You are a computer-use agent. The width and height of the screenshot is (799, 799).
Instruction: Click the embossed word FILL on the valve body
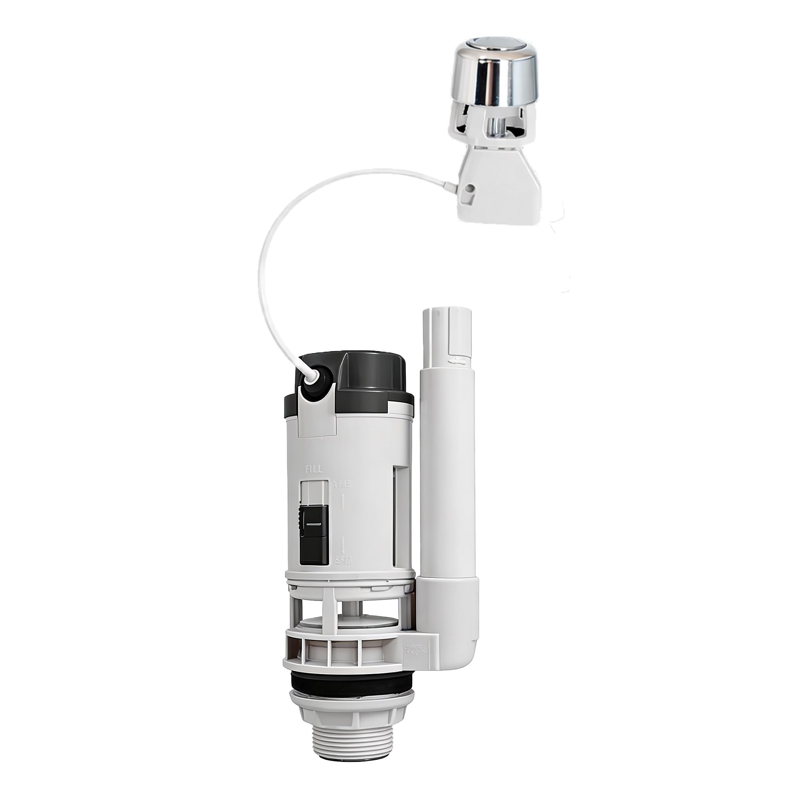(314, 469)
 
